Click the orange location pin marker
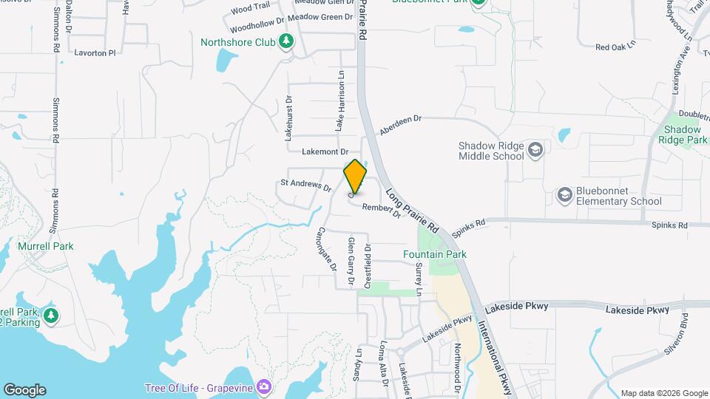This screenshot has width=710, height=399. pyautogui.click(x=355, y=176)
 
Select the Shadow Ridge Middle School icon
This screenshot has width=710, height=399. pyautogui.click(x=535, y=151)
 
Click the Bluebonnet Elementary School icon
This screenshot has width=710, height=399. pyautogui.click(x=565, y=194)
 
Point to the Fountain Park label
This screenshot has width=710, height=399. pyautogui.click(x=435, y=254)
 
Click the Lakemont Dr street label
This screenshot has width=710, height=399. pyautogui.click(x=325, y=151)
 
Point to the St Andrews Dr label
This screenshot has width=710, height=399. pyautogui.click(x=305, y=184)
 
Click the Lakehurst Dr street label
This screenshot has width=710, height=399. pyautogui.click(x=289, y=118)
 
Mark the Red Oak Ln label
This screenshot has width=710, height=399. pyautogui.click(x=615, y=47)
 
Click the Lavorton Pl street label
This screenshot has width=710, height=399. pyautogui.click(x=95, y=53)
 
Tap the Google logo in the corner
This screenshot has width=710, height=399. pyautogui.click(x=24, y=390)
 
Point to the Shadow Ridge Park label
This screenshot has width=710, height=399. pyautogui.click(x=682, y=134)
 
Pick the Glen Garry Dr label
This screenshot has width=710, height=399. pyautogui.click(x=351, y=262)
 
